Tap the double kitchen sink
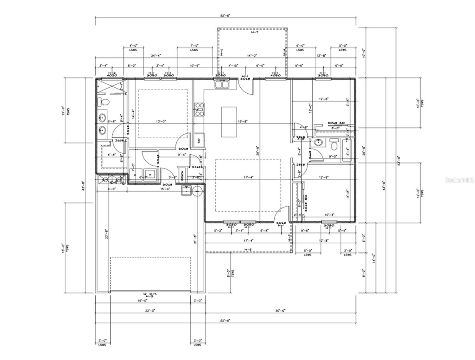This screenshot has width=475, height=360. (222, 84)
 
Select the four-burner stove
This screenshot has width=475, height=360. (199, 109)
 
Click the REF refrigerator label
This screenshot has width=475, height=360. (199, 141)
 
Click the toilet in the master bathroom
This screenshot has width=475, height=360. (104, 102)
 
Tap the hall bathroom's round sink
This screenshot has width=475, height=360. (318, 143)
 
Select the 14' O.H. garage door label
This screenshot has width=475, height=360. (150, 294)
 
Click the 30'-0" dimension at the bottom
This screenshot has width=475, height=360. (280, 311)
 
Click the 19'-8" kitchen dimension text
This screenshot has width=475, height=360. (243, 121)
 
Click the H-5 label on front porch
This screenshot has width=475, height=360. (248, 250)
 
